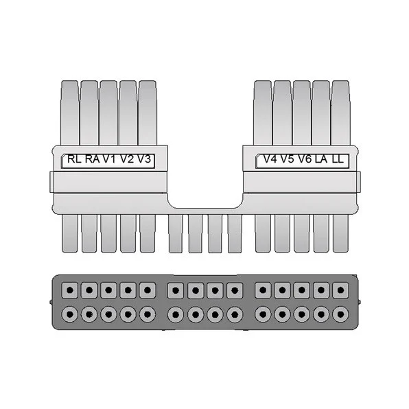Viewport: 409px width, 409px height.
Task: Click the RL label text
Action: coord(74,159)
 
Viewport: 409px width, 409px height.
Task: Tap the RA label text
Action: coord(93,159)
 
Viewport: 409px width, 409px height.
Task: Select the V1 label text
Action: coord(109,159)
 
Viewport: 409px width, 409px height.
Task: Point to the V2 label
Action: coord(127,159)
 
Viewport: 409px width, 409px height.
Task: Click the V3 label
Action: coord(144,159)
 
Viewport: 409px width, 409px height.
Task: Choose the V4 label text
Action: coord(270,159)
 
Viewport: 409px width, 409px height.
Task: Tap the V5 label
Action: coord(288,159)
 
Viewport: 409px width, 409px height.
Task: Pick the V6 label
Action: coord(305,159)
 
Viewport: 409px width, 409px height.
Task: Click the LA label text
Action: coord(321,159)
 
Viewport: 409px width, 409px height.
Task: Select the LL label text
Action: coord(338,159)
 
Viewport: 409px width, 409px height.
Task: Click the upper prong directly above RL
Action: coord(69,113)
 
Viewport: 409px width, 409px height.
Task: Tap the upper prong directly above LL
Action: coord(340,113)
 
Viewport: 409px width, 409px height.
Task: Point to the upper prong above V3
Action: coord(147,113)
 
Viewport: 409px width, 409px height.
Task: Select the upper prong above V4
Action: coord(263,113)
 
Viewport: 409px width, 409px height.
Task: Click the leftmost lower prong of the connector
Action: coord(69,233)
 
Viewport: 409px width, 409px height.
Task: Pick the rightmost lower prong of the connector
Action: coord(340,233)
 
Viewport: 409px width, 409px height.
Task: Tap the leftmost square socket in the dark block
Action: coord(69,290)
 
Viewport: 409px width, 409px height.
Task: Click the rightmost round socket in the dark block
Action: coord(340,314)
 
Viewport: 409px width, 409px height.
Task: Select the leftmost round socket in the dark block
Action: coord(69,314)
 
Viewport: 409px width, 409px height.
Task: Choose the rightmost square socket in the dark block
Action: coord(340,290)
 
